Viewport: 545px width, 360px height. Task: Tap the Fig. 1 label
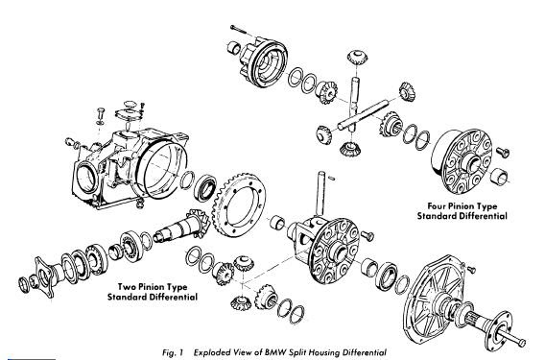(x=173, y=353)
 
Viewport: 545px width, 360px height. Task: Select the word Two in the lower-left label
(x=127, y=287)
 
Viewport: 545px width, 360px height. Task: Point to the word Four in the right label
(x=437, y=206)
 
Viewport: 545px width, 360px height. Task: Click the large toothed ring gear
(x=239, y=205)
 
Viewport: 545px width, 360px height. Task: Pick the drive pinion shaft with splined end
(x=180, y=227)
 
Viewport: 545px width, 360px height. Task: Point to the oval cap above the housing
(x=129, y=104)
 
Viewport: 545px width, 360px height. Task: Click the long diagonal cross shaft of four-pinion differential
(x=363, y=115)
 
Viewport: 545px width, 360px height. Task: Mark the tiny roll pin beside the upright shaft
(x=332, y=179)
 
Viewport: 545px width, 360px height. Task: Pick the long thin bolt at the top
(x=240, y=30)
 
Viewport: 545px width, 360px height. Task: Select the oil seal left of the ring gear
(x=206, y=187)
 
